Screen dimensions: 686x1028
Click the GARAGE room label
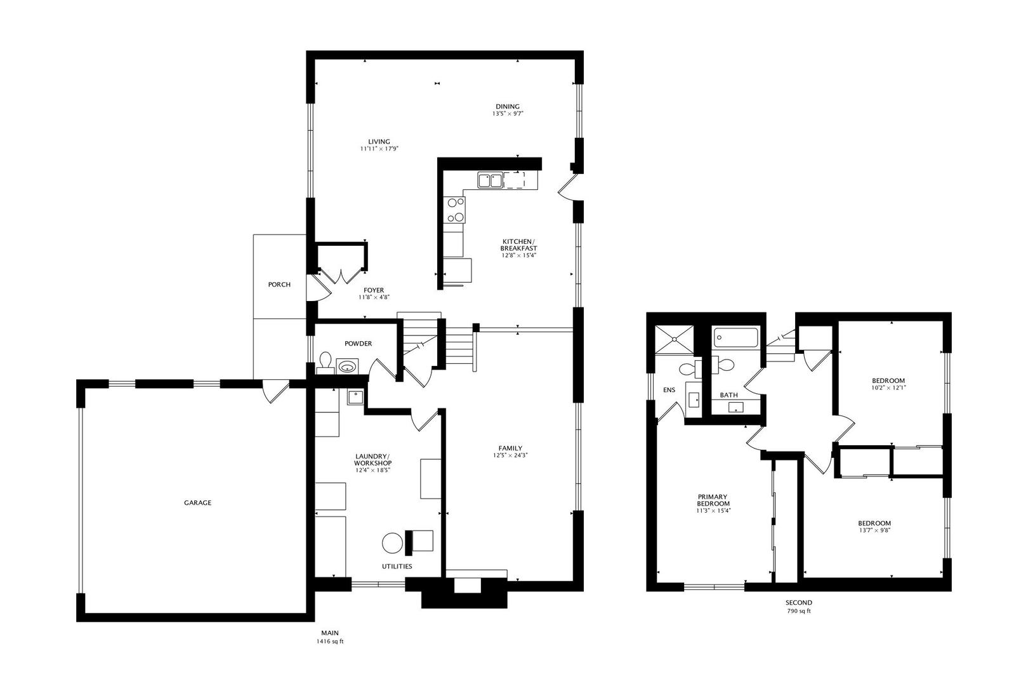tap(197, 502)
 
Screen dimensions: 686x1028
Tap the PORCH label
tap(279, 285)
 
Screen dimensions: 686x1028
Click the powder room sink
tap(346, 367)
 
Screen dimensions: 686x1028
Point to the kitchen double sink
tap(489, 181)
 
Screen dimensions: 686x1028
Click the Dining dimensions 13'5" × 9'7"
tap(507, 114)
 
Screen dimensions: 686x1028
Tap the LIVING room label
tap(379, 142)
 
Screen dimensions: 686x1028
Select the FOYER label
tap(374, 290)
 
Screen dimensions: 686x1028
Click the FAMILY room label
tap(510, 448)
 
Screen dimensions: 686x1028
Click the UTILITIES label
tap(397, 566)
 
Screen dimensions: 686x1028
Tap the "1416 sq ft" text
tap(330, 642)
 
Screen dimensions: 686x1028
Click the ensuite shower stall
tap(674, 339)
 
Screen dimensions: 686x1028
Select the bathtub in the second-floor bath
tap(735, 337)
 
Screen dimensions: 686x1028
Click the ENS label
tap(669, 390)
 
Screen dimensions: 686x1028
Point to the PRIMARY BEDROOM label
tap(713, 500)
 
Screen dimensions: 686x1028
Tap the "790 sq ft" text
tap(798, 611)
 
